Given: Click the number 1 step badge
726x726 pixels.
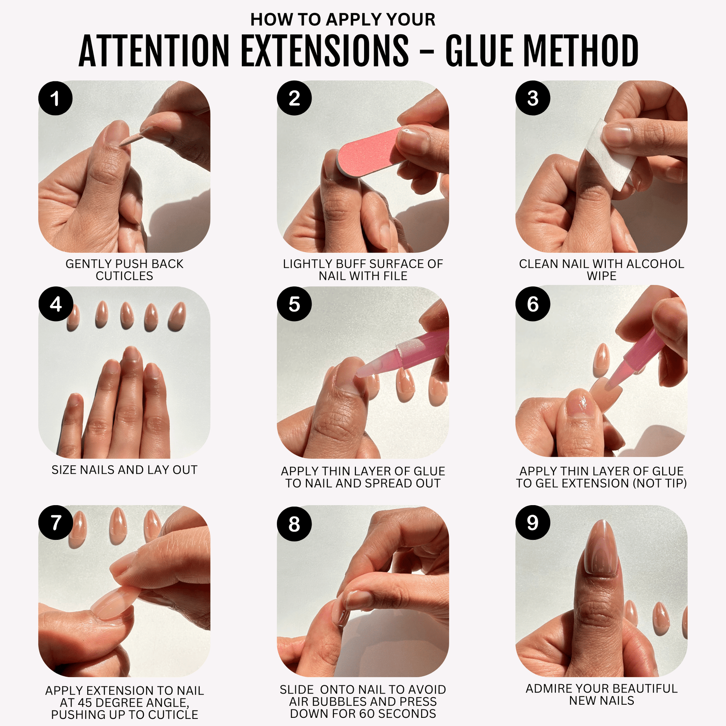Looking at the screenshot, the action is [55, 98].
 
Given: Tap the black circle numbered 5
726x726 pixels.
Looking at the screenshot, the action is [294, 304].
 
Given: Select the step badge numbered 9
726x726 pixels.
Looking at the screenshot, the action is [532, 523].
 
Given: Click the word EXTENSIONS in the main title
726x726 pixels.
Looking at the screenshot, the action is [325, 51].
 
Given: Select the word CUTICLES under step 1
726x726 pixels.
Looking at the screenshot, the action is [124, 276].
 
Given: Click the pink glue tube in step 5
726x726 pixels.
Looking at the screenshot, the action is [403, 354].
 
